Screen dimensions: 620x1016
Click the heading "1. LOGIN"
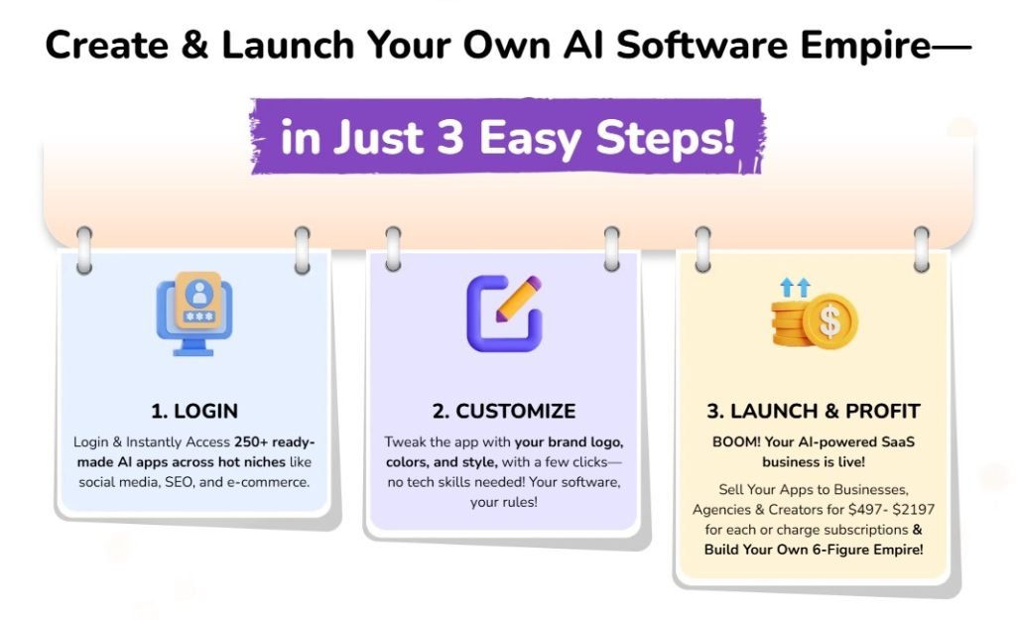coord(194,411)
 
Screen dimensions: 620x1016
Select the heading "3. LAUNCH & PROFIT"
coord(814,411)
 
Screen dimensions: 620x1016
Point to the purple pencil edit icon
coord(504,312)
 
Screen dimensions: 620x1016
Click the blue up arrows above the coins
coord(794,288)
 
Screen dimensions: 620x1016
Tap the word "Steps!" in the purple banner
coord(669,137)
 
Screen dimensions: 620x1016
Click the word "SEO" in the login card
coord(171,482)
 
